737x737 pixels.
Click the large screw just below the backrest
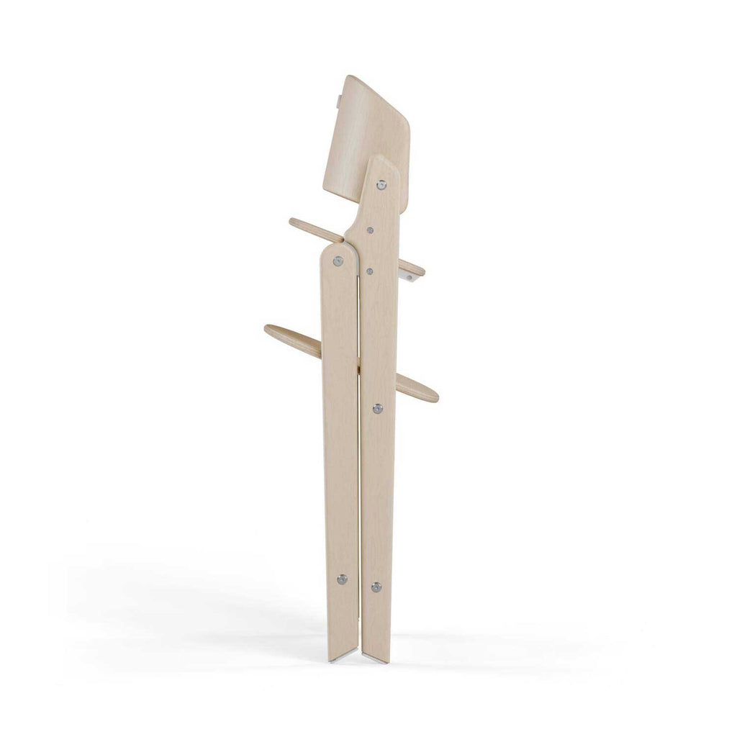point(381,185)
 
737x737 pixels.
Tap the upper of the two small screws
point(370,230)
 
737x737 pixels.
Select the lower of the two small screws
point(369,272)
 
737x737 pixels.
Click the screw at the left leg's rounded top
point(338,261)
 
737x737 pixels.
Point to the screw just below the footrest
point(377,409)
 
